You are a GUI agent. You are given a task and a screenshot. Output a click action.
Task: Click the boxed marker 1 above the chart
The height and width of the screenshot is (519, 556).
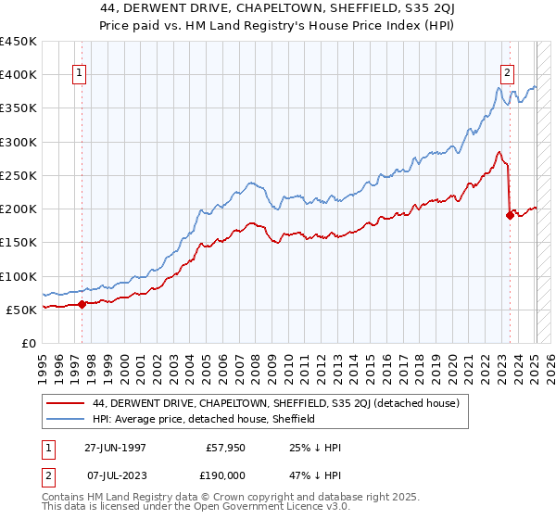(x=80, y=76)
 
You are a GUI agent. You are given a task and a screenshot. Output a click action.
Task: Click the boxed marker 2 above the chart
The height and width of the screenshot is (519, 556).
(x=508, y=76)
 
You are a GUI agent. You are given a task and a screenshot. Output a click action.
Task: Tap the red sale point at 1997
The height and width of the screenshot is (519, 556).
(x=82, y=303)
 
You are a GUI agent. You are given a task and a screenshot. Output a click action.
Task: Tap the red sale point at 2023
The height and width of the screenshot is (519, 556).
(x=510, y=215)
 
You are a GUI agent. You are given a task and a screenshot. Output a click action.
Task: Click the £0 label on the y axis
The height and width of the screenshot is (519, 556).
(x=27, y=343)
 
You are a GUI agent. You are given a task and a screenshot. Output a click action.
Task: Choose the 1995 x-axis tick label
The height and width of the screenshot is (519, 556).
(x=42, y=364)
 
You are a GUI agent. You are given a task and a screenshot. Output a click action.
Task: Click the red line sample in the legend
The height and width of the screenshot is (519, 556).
(x=67, y=403)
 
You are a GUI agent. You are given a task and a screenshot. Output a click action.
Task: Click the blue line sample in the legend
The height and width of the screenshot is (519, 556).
(x=67, y=419)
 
